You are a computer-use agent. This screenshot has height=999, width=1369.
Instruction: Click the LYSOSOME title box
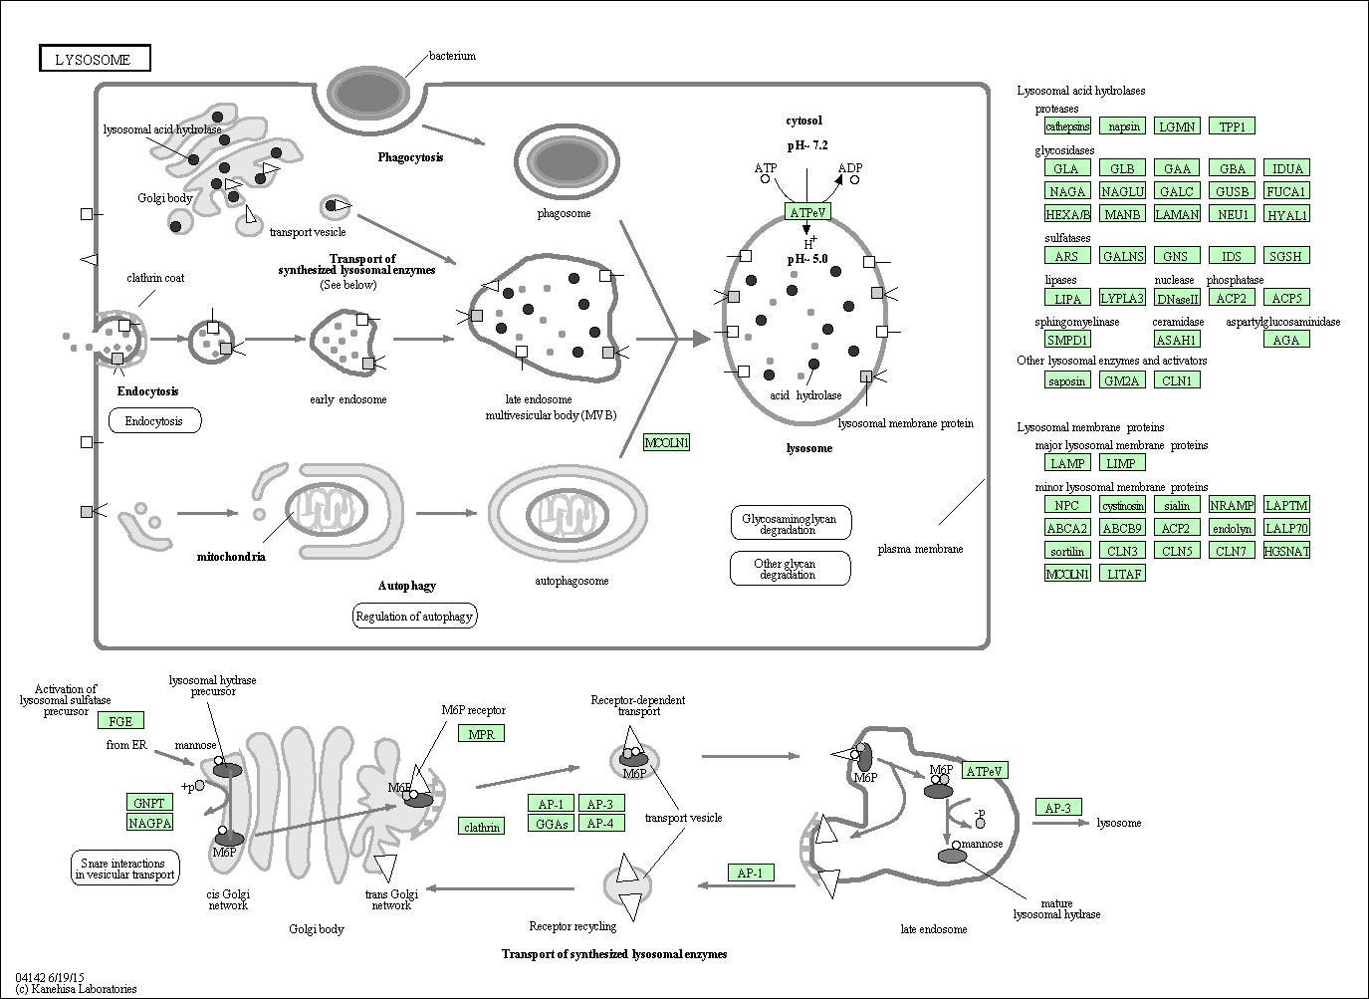[x=94, y=59]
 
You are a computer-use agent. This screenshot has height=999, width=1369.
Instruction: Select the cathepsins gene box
[x=1067, y=126]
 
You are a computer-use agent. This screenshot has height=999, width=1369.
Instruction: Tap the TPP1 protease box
[x=1232, y=126]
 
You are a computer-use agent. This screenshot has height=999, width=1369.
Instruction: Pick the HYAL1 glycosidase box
[x=1285, y=214]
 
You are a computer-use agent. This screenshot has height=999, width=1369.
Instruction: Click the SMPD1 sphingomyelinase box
[x=1067, y=340]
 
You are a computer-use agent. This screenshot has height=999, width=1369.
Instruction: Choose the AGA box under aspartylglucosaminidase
[x=1285, y=340]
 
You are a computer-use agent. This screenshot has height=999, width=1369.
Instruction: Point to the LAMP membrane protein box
[x=1067, y=463]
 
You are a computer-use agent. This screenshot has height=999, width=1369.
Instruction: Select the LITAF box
[x=1122, y=574]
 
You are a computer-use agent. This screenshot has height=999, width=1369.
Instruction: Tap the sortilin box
[x=1067, y=551]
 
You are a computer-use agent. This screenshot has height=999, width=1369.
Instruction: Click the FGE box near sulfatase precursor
[x=120, y=721]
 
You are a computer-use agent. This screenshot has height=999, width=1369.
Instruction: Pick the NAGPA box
[x=149, y=823]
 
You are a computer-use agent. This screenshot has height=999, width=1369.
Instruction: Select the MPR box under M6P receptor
[x=481, y=734]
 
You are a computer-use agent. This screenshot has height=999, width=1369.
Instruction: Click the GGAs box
[x=551, y=824]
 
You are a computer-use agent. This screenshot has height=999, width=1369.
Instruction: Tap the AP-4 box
[x=599, y=824]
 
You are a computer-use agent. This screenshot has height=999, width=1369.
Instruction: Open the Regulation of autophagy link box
[x=414, y=617]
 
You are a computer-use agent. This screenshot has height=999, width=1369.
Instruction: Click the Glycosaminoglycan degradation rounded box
[x=791, y=523]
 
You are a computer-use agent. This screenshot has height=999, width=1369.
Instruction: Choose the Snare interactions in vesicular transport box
[x=125, y=869]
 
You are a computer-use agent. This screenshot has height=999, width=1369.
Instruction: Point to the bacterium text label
[x=452, y=56]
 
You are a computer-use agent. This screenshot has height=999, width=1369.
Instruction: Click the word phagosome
[x=564, y=213]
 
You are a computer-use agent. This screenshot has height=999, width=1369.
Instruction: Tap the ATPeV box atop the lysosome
[x=806, y=213]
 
